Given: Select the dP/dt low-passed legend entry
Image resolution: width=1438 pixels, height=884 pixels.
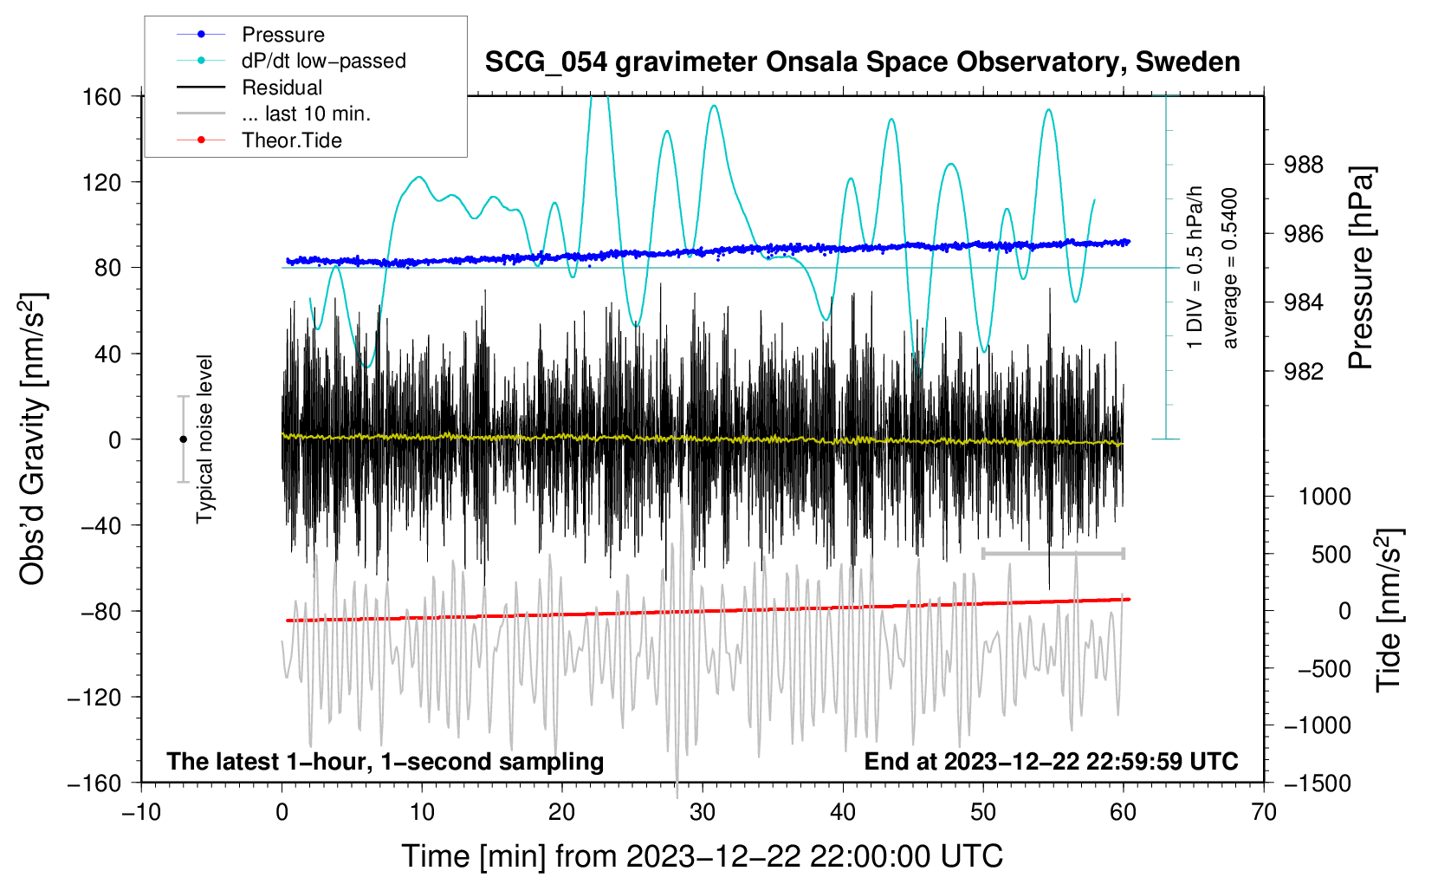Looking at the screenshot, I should (323, 61).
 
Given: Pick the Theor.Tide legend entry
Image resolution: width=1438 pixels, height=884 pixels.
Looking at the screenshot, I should (291, 140).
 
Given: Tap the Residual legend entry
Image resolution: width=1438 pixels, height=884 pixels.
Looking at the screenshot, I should (282, 88).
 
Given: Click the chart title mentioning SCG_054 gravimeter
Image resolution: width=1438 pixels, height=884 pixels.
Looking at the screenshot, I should (862, 62).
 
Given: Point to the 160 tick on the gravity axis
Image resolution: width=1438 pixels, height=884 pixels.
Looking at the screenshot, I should (102, 96).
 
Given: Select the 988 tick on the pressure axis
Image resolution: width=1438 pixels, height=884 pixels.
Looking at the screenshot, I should (1304, 165).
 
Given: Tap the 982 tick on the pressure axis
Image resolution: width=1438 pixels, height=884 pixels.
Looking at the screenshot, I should (1304, 372).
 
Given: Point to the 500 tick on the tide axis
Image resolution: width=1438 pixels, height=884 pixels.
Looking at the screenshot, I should (1331, 555).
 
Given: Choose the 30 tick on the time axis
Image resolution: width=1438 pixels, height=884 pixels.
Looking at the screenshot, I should (703, 812).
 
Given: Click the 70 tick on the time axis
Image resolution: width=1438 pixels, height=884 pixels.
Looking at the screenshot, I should (1264, 812).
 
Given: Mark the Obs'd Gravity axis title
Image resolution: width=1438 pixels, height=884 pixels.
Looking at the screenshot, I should (33, 439).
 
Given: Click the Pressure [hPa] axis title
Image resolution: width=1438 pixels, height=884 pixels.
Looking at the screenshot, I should (1361, 269).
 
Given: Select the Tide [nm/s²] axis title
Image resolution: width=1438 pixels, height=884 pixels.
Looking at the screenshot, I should (1389, 609).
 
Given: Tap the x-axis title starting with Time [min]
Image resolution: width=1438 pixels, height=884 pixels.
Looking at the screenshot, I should (703, 856).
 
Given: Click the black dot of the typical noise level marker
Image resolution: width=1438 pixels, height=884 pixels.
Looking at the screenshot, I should (183, 439).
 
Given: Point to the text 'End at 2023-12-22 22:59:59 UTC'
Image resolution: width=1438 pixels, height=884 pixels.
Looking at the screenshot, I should (1051, 761).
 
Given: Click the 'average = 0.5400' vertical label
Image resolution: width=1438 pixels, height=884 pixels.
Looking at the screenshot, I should (1230, 269).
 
